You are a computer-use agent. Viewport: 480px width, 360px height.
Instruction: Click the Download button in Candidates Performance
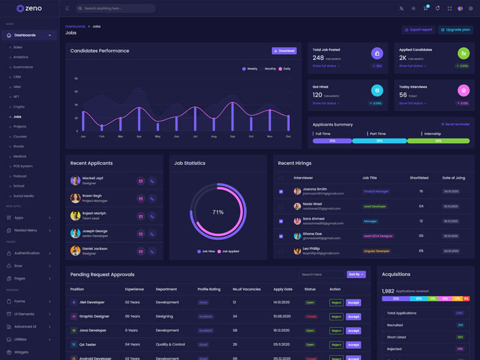tap(284, 51)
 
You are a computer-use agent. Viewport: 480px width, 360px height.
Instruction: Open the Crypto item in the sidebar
tap(19, 107)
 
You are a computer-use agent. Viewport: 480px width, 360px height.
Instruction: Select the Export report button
tap(418, 29)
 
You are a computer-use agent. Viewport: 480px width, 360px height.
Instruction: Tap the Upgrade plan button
tap(455, 29)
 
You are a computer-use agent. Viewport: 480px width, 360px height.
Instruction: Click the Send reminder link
tap(455, 124)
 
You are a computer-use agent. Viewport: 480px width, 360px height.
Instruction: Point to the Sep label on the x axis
tap(232, 136)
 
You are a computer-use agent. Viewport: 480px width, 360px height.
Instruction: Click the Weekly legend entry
tap(250, 69)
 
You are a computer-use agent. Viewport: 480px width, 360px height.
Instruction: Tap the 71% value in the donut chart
tap(218, 212)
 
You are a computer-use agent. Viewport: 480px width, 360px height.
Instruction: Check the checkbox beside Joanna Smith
tap(281, 191)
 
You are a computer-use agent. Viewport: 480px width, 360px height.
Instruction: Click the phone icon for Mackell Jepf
tap(152, 181)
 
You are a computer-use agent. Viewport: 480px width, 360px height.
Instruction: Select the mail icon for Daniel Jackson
tap(141, 251)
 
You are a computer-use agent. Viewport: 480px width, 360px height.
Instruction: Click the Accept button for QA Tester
tap(353, 345)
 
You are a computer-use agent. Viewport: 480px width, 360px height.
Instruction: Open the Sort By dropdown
tap(356, 274)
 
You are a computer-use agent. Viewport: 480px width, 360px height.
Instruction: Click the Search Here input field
tap(322, 274)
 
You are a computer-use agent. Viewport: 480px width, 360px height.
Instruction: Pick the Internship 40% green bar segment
tap(438, 141)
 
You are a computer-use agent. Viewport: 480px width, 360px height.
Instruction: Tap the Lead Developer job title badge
tap(375, 206)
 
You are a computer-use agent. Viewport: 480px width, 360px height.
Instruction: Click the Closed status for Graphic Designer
tap(311, 317)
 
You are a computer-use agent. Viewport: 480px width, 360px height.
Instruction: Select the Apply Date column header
tap(283, 289)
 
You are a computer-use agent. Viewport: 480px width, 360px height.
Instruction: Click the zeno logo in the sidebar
tap(29, 8)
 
